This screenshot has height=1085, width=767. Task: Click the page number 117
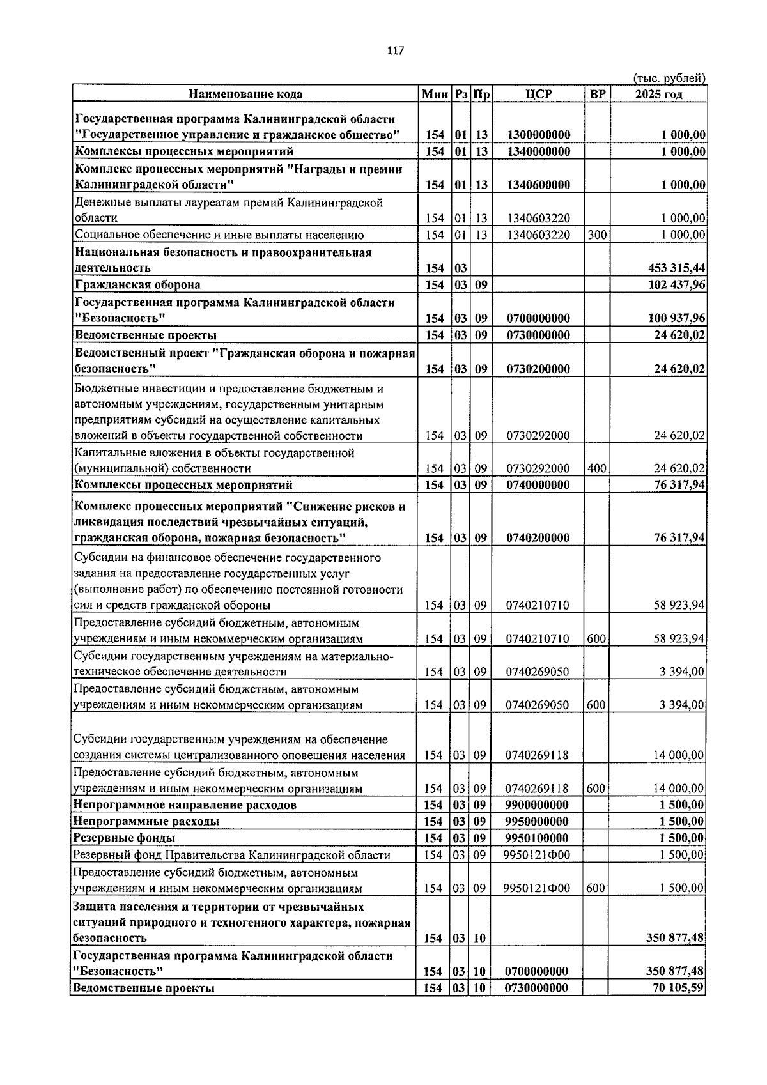(x=395, y=51)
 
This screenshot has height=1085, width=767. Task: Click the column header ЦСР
(x=538, y=94)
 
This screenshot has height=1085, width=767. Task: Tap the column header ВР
(x=597, y=94)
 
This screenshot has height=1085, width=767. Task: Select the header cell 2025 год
(x=658, y=94)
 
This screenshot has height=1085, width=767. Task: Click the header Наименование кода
(x=245, y=94)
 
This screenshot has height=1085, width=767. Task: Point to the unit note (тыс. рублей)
(x=669, y=78)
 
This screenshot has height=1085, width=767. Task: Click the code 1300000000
(x=538, y=135)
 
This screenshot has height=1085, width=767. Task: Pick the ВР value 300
(x=596, y=235)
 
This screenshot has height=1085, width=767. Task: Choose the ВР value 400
(x=596, y=468)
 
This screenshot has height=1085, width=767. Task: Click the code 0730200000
(x=538, y=369)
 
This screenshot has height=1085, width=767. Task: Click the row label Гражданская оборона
(x=137, y=284)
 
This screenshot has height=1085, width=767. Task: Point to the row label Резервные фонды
(x=125, y=838)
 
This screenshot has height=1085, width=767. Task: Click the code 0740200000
(x=538, y=538)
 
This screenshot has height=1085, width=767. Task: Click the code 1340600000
(x=538, y=185)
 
